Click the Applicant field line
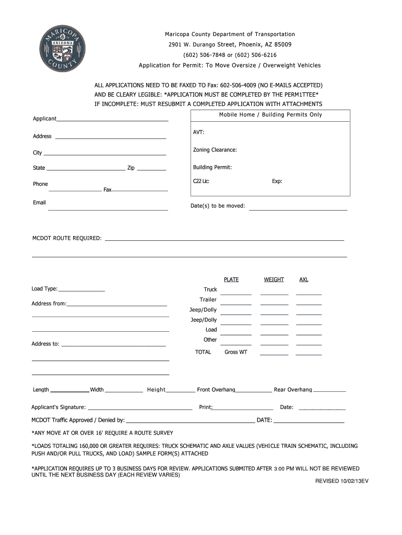(x=112, y=121)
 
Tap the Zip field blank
(x=151, y=170)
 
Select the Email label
(x=39, y=203)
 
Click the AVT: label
(x=198, y=132)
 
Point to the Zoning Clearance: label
(x=215, y=150)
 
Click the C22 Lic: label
(x=201, y=181)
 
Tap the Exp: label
(x=277, y=181)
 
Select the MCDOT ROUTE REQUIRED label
(x=67, y=238)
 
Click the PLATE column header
(x=231, y=280)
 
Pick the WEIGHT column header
(x=274, y=280)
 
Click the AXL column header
(x=304, y=280)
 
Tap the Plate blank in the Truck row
(x=235, y=294)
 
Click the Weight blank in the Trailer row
(x=275, y=304)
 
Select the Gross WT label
(x=236, y=352)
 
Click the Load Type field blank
(x=81, y=290)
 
